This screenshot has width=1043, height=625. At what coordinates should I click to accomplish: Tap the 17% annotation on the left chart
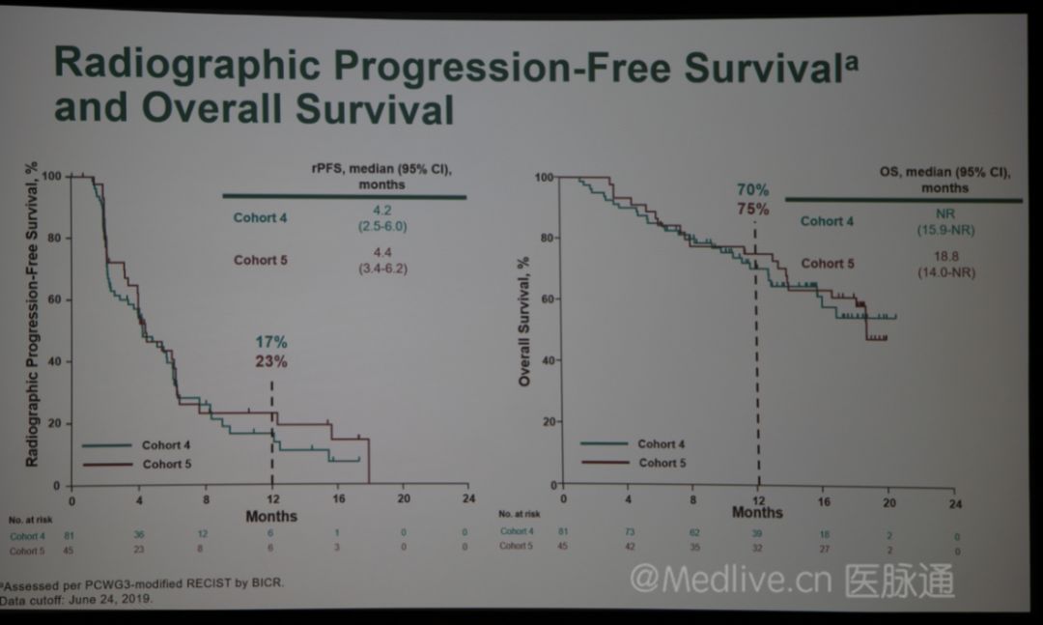(271, 342)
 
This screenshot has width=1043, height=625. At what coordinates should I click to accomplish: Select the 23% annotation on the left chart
(271, 362)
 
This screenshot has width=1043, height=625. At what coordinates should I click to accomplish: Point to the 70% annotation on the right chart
(753, 189)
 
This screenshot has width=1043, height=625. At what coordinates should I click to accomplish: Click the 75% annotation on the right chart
(753, 209)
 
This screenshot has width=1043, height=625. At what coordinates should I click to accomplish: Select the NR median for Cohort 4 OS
(936, 213)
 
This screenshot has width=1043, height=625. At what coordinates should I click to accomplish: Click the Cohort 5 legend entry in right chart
(663, 463)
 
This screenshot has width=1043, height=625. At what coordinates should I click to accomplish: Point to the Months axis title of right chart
(757, 513)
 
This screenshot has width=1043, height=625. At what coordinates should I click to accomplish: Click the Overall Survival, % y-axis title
(524, 322)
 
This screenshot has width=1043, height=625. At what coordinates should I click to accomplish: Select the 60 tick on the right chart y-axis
(545, 300)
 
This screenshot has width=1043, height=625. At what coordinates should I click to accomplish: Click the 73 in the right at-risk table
(628, 531)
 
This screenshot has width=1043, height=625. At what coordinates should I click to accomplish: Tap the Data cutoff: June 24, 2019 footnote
(77, 599)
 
